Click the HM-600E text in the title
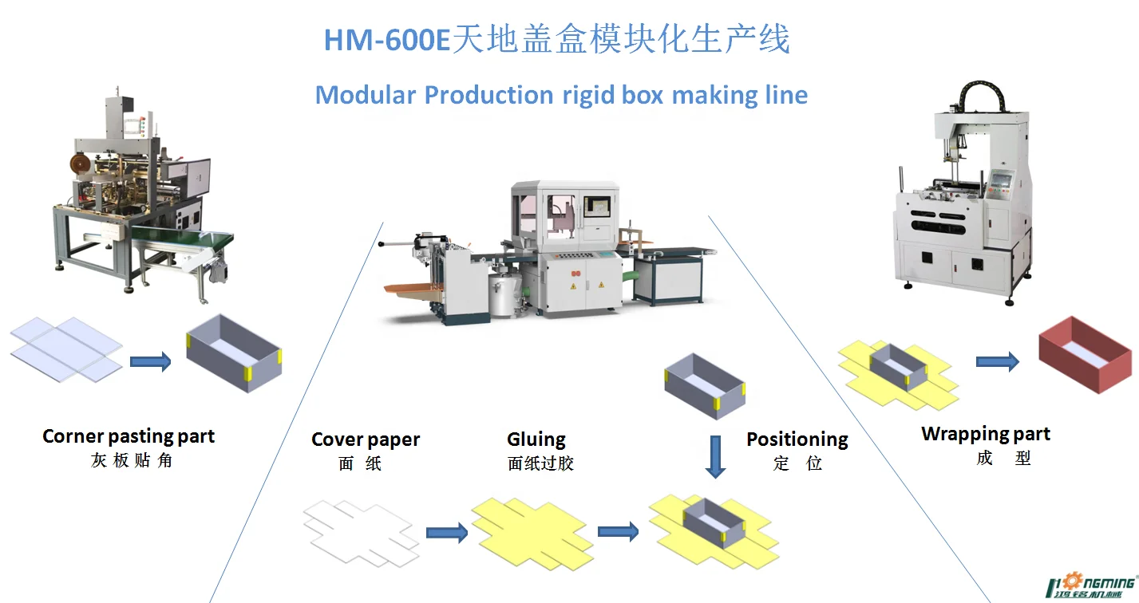[x=387, y=40]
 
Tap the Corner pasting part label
[x=129, y=436]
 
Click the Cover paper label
[x=366, y=439]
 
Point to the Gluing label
[x=536, y=439]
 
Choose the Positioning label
[x=797, y=439]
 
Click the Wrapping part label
[x=986, y=434]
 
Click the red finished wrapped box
[x=1085, y=354]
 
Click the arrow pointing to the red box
[x=997, y=362]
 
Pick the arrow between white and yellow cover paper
[x=446, y=533]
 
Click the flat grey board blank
[x=66, y=347]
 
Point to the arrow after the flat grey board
[x=150, y=362]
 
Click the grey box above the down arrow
[x=706, y=384]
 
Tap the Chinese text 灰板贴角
[x=132, y=461]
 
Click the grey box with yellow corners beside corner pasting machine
[x=234, y=351]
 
